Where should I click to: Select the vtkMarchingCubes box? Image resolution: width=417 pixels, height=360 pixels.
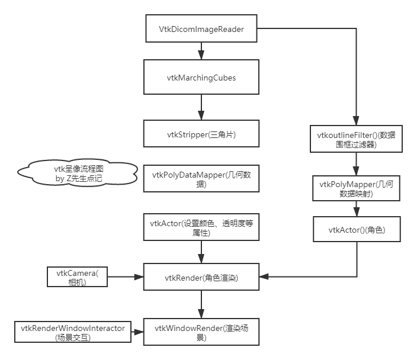202,78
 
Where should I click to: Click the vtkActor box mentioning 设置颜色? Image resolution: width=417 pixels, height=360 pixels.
202,228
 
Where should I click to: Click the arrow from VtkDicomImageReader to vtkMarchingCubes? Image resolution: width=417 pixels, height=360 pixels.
202,50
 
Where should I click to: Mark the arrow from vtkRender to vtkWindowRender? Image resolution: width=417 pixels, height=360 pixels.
202,305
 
